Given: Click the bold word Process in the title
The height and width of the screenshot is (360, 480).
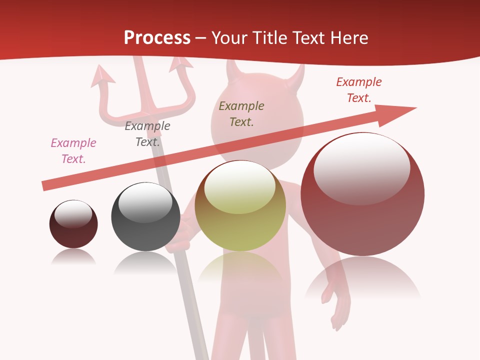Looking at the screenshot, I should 157,37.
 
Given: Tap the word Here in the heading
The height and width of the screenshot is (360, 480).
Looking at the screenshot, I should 348,37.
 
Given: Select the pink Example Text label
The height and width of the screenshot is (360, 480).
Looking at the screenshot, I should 73,150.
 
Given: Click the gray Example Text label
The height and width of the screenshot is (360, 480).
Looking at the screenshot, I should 147,133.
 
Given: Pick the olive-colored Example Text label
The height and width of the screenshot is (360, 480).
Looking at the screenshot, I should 241,113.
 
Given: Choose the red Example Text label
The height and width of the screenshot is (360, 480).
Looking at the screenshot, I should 359,89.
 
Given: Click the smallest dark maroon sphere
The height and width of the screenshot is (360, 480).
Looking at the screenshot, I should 73,224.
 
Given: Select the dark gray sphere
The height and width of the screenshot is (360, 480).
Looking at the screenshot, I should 145,216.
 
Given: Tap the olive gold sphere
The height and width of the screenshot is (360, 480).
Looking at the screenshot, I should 240,205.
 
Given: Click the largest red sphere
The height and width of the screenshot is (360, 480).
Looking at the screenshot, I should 362,194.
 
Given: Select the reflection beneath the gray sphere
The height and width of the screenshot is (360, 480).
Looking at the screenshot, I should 145,262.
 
